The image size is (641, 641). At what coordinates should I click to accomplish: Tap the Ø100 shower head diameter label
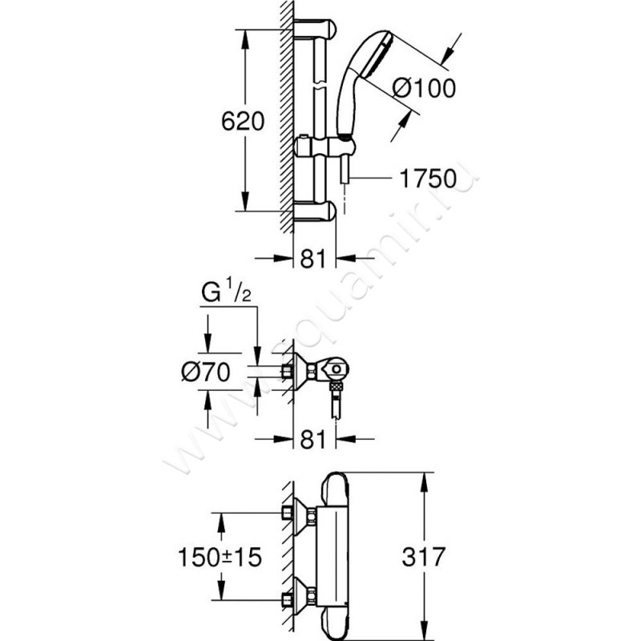[425, 88]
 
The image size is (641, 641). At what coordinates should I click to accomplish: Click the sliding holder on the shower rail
[320, 147]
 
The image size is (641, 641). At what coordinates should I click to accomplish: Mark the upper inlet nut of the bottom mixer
[286, 513]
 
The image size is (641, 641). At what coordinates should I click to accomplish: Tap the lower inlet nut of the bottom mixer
[286, 598]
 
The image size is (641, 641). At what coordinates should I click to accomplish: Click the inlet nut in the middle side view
[286, 371]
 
